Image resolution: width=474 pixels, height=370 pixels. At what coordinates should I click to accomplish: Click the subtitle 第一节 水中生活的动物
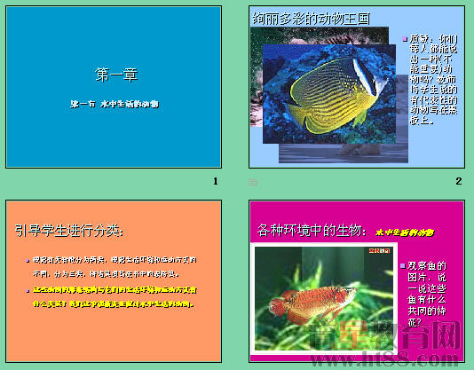(x=115, y=104)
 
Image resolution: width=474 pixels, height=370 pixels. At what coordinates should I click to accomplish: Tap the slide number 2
(x=459, y=182)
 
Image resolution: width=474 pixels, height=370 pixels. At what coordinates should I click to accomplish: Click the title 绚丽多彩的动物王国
(x=311, y=17)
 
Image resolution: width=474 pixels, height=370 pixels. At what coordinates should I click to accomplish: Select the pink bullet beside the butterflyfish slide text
(x=403, y=39)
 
